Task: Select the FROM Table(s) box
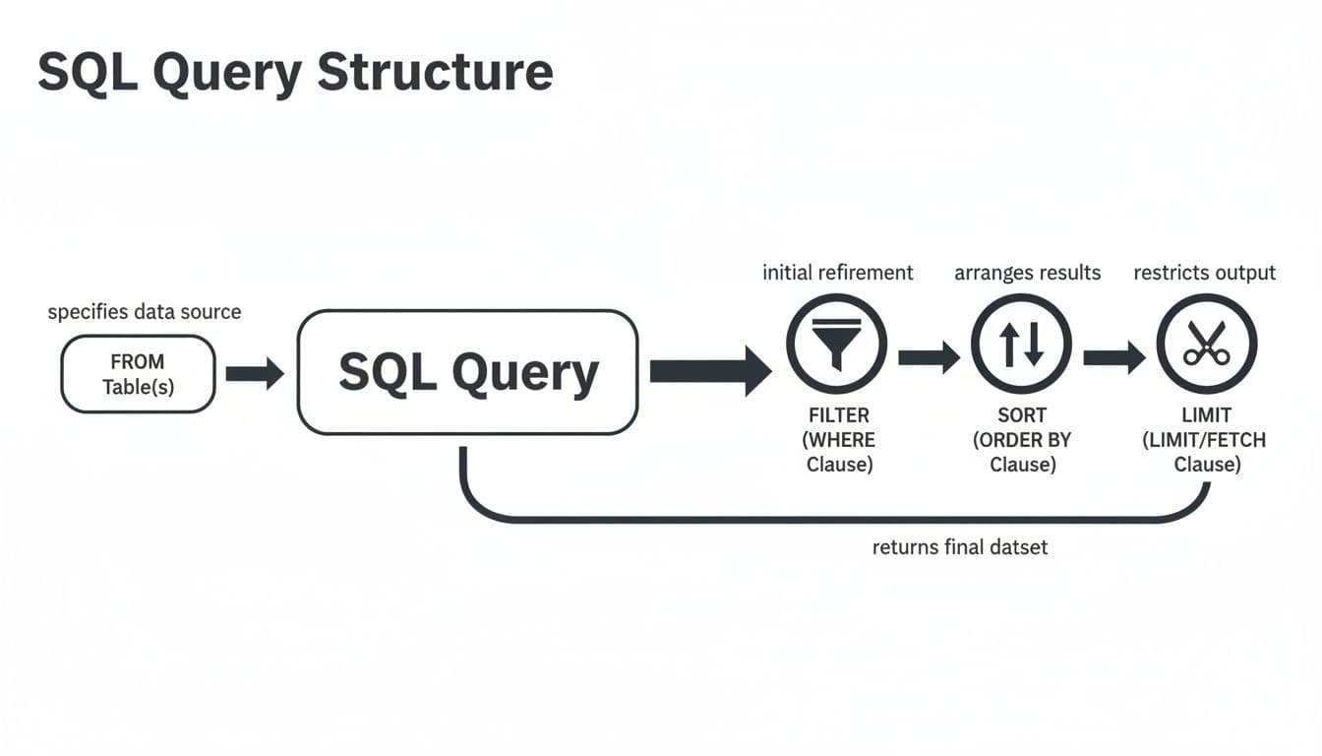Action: pyautogui.click(x=138, y=374)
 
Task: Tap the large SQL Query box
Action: pyautogui.click(x=467, y=372)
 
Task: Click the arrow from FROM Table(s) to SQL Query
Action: pyautogui.click(x=255, y=374)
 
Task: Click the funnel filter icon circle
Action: pyautogui.click(x=836, y=345)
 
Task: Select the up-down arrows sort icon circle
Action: pyautogui.click(x=1021, y=345)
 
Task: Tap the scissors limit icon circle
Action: pyautogui.click(x=1206, y=345)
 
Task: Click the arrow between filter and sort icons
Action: pyautogui.click(x=929, y=355)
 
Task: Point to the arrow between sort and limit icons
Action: pyautogui.click(x=1113, y=355)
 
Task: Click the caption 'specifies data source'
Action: pyautogui.click(x=145, y=312)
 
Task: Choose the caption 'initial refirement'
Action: pyautogui.click(x=837, y=273)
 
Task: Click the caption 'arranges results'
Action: pyautogui.click(x=1027, y=273)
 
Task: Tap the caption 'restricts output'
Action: pyautogui.click(x=1204, y=273)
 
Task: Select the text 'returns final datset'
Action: pyautogui.click(x=960, y=546)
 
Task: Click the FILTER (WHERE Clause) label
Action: pyautogui.click(x=839, y=439)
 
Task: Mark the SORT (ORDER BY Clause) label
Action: pyautogui.click(x=1022, y=439)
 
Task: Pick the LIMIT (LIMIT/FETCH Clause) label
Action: pyautogui.click(x=1206, y=439)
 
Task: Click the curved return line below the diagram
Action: pyautogui.click(x=836, y=518)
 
